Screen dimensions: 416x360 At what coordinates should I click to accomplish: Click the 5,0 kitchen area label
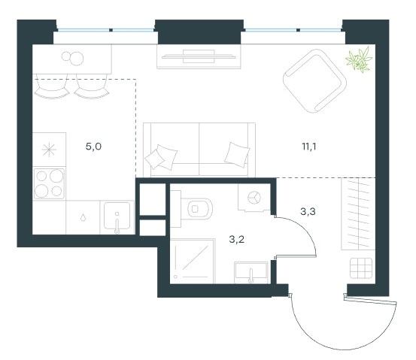tap(93, 147)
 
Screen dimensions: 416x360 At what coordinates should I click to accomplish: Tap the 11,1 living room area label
tap(309, 147)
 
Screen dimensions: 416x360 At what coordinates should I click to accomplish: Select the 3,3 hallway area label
tap(308, 211)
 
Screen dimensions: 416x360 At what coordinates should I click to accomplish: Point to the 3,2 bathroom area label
tap(237, 240)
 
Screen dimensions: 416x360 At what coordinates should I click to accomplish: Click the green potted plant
tap(359, 59)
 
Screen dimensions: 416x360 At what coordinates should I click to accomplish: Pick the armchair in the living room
tap(314, 81)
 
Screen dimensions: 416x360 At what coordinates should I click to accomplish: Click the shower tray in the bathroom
tap(192, 261)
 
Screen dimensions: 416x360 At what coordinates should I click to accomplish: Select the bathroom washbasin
tap(251, 272)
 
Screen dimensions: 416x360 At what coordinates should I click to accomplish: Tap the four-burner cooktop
tap(49, 183)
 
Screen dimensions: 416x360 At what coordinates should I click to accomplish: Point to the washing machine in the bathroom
tap(254, 198)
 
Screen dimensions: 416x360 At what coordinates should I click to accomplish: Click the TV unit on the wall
tap(199, 56)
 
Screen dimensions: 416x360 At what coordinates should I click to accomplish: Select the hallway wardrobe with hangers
tap(358, 213)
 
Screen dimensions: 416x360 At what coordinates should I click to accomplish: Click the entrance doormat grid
tap(361, 268)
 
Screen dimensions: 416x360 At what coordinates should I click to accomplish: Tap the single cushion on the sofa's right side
tap(237, 155)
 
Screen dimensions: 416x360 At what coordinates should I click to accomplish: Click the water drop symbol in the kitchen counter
tap(83, 218)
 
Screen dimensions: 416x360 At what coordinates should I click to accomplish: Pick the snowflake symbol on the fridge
tap(49, 150)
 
